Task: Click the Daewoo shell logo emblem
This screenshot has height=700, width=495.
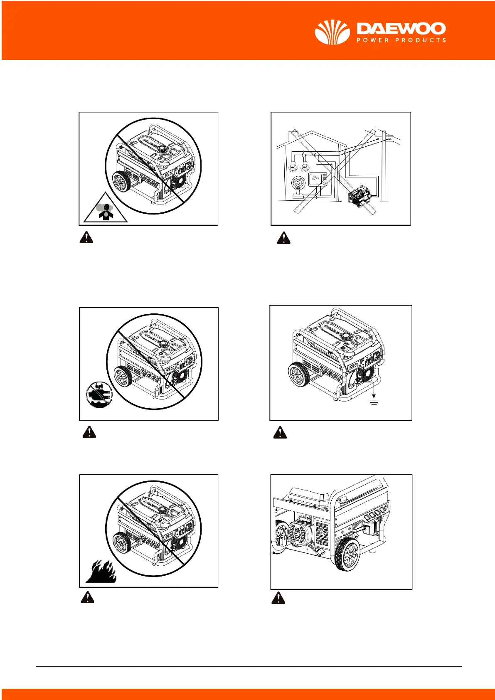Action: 332,32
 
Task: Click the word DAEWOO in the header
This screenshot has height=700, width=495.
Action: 401,29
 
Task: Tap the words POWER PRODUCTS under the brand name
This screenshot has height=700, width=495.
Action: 401,40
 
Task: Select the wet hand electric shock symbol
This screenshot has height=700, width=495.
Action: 99,395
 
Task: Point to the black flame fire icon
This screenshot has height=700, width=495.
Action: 101,572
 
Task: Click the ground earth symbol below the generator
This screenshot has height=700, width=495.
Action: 374,401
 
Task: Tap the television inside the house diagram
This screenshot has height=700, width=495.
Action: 318,180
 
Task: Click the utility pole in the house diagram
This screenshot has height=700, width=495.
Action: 384,166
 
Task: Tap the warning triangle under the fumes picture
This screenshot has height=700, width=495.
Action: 86,237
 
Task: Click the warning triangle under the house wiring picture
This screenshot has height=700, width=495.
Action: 283,238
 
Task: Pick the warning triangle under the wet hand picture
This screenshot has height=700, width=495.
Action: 89,432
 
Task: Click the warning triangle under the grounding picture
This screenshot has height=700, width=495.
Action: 280,433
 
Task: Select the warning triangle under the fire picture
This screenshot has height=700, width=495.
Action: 87,597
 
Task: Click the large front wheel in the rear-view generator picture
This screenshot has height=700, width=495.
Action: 347,555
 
